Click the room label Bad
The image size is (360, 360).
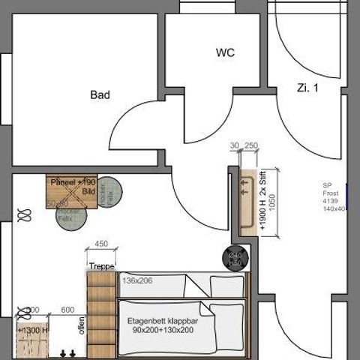coord(100,95)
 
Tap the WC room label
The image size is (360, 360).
coord(225,53)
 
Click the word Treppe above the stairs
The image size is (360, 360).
coord(100,266)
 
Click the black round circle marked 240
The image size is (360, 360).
coord(234,257)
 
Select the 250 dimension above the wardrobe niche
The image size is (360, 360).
coord(251,145)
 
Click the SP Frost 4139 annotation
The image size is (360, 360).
coord(333,197)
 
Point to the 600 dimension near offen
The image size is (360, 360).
coord(67,310)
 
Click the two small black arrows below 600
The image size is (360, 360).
coord(67,352)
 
